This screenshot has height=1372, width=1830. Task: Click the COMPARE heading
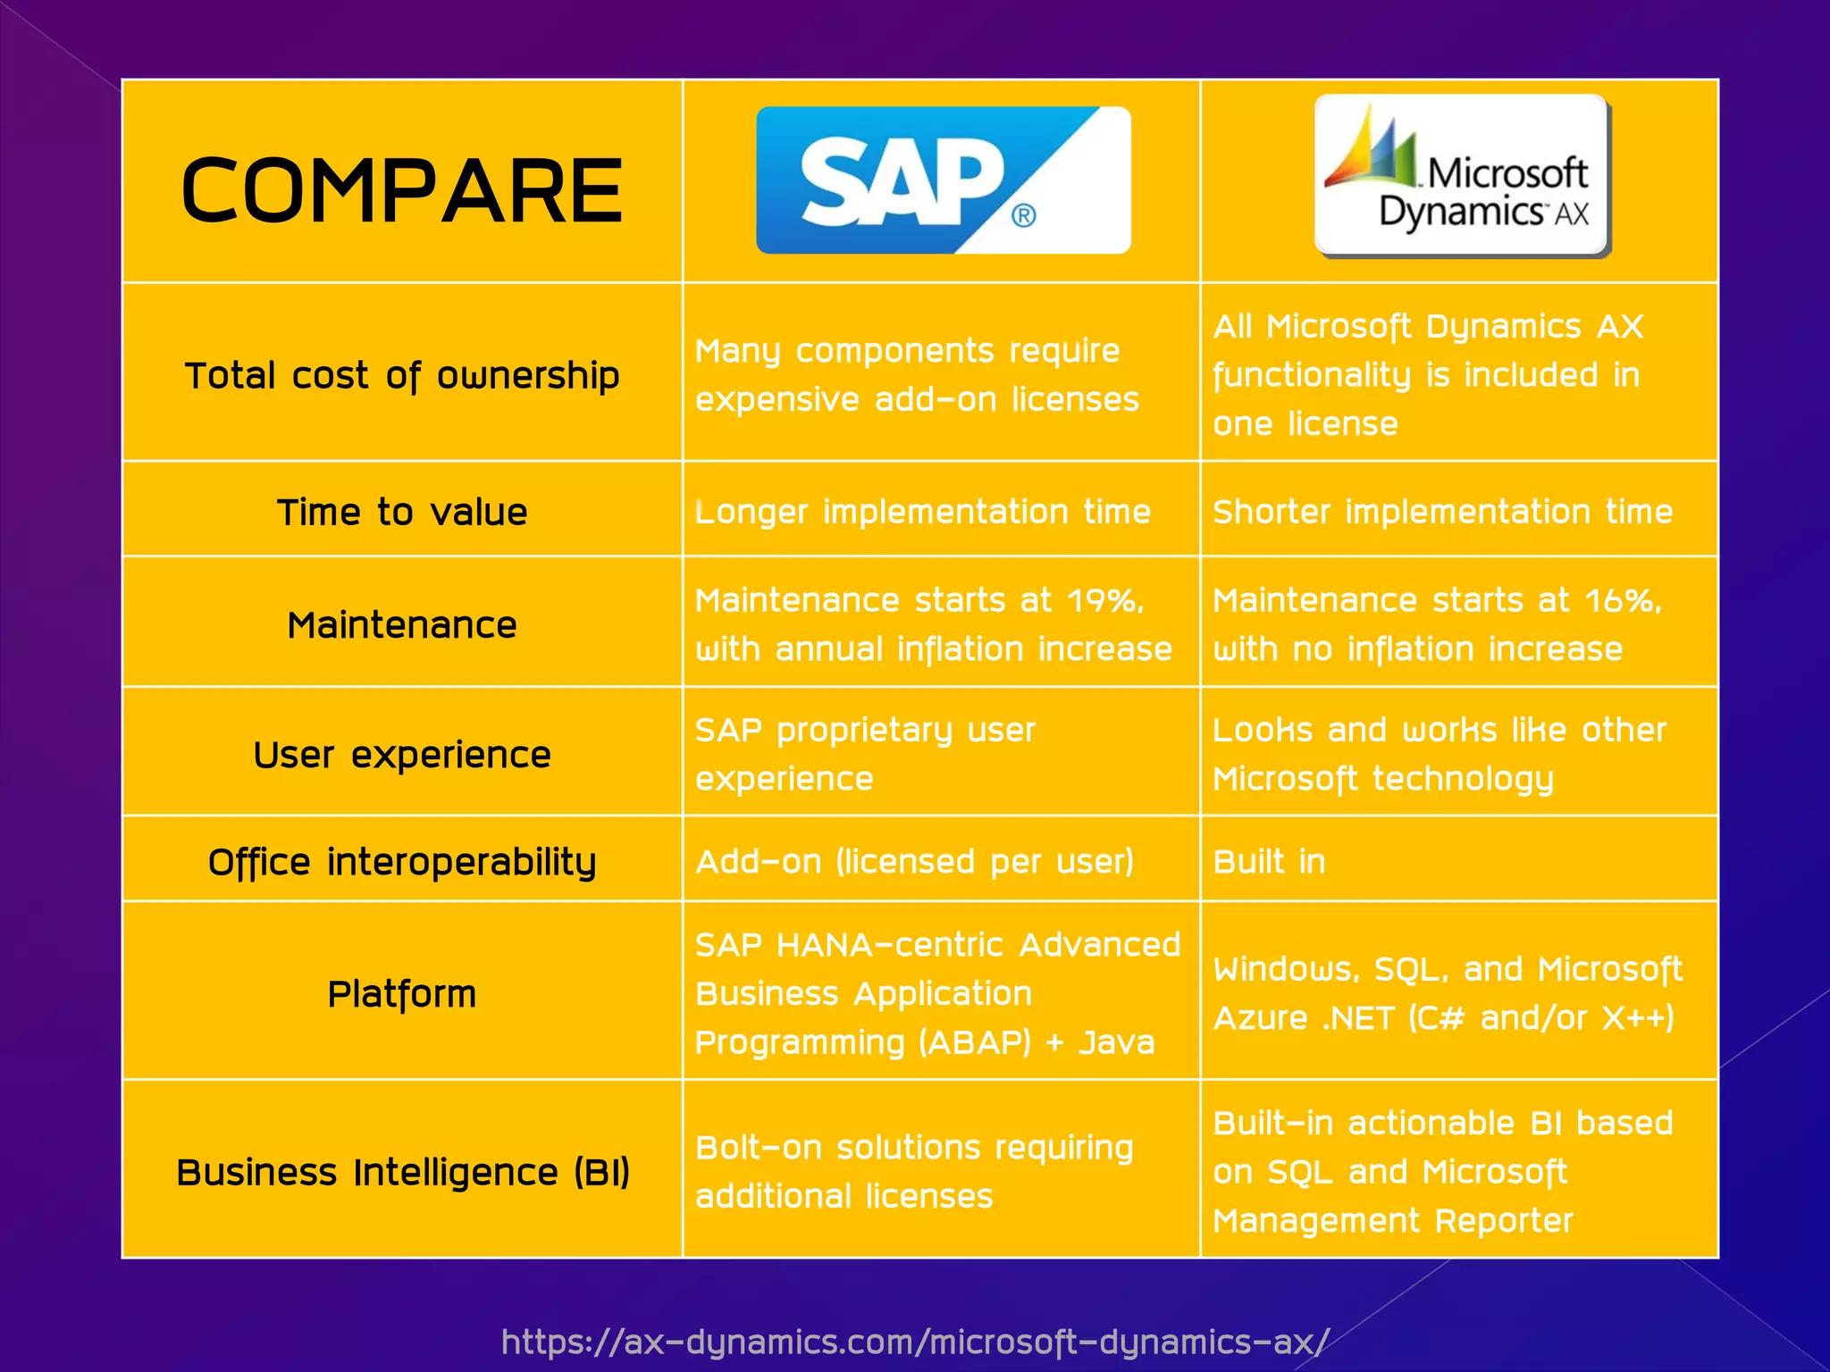point(401,190)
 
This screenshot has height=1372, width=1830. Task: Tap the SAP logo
point(943,180)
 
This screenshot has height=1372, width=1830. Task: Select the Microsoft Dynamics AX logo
point(1461,176)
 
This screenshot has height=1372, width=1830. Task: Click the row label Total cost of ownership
point(401,375)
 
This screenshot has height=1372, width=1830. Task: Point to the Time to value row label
point(401,513)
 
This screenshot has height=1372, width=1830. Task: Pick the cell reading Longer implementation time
point(922,512)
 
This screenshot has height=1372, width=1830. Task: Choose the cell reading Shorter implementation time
point(1442,512)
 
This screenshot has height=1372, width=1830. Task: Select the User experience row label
point(401,756)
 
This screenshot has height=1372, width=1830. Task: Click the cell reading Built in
point(1269,862)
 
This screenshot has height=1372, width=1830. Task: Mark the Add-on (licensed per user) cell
point(914,862)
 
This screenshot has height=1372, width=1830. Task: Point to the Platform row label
point(401,994)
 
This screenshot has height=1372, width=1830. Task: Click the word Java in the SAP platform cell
point(1116,1042)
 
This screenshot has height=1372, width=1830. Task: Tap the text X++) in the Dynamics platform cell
point(1637,1018)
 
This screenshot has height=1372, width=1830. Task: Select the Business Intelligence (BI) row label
point(403,1173)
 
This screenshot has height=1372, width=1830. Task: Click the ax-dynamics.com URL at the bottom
point(915,1342)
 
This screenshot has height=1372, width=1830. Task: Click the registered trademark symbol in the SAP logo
point(1023,216)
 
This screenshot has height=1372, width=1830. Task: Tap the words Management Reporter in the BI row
point(1392,1221)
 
